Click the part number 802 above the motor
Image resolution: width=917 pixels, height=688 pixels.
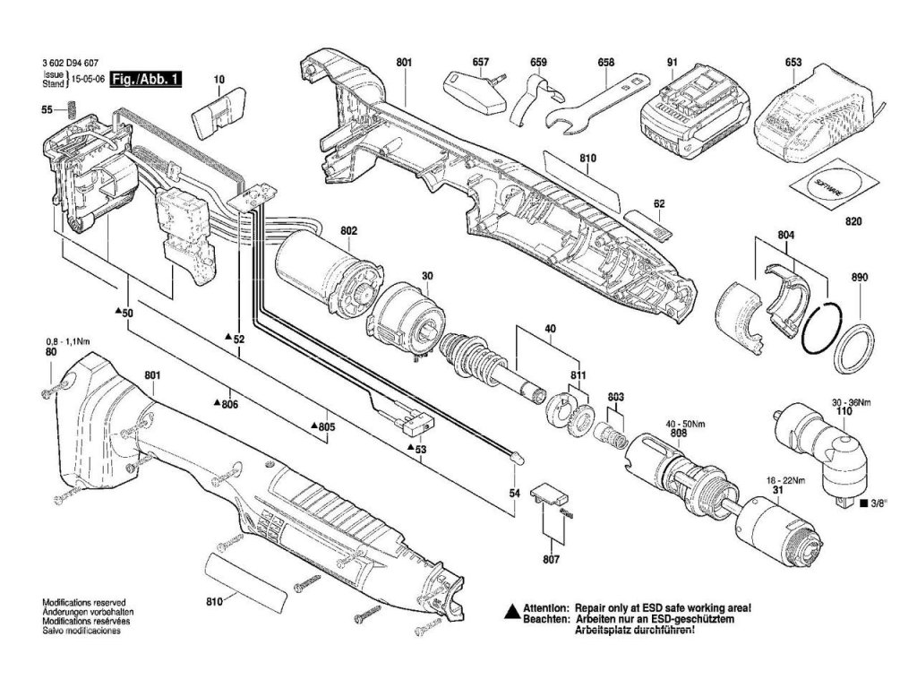pyautogui.click(x=348, y=231)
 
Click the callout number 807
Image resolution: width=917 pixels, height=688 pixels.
pyautogui.click(x=551, y=560)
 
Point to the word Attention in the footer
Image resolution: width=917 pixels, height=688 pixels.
pyautogui.click(x=546, y=607)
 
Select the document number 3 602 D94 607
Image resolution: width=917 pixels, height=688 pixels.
pyautogui.click(x=70, y=64)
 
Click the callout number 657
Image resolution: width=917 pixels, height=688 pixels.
pyautogui.click(x=481, y=63)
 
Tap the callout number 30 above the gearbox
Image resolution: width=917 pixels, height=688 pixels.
pyautogui.click(x=427, y=277)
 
